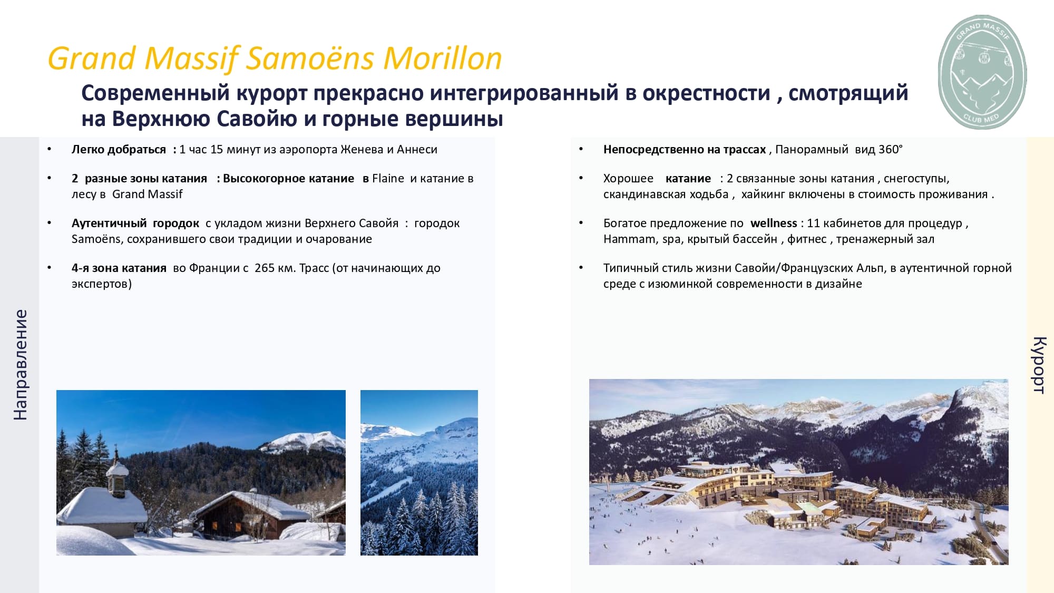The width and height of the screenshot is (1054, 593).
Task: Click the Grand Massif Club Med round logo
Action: (982, 72)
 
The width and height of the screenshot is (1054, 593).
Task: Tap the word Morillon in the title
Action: (442, 58)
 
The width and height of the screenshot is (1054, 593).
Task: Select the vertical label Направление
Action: (20, 365)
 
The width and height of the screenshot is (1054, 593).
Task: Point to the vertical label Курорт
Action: (1039, 365)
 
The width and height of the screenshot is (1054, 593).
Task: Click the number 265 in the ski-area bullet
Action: (265, 268)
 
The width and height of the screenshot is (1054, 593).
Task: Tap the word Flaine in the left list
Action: (388, 178)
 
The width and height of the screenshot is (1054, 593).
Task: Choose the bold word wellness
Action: (774, 223)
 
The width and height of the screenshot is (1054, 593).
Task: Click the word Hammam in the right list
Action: (630, 239)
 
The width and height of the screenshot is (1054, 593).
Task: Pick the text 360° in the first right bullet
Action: (890, 149)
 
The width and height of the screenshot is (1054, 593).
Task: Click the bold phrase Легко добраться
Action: (119, 150)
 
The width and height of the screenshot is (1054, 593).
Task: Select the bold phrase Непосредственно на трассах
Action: (685, 150)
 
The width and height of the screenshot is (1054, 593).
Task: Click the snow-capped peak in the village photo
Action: (303, 442)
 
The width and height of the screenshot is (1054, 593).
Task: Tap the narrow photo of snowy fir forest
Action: (419, 472)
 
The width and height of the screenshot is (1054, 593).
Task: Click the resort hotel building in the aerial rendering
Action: (785, 493)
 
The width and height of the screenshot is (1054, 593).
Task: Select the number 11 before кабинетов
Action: (813, 223)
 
